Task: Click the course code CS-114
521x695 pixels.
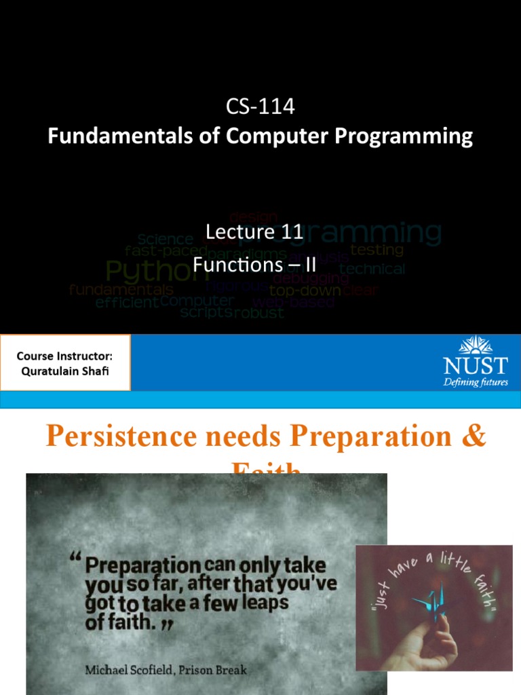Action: [x=260, y=107]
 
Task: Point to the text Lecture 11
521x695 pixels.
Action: [x=254, y=233]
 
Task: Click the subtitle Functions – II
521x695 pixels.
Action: [x=254, y=264]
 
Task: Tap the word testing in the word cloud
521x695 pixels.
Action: [x=377, y=250]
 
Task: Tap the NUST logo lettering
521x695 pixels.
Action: [x=475, y=367]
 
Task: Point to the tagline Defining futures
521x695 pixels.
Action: [x=475, y=382]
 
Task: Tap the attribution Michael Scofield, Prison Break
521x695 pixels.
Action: [x=166, y=670]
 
